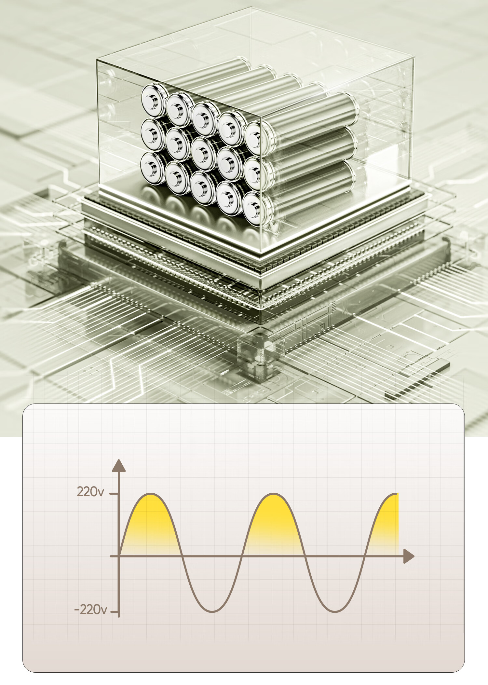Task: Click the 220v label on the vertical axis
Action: pyautogui.click(x=90, y=492)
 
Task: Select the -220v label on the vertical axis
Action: pyautogui.click(x=90, y=609)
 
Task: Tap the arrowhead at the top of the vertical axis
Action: pyautogui.click(x=119, y=466)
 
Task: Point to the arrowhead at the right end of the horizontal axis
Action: pyautogui.click(x=409, y=556)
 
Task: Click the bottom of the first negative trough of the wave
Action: pyautogui.click(x=212, y=611)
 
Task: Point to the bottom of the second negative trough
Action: pyautogui.click(x=335, y=611)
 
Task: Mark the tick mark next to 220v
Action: pyautogui.click(x=114, y=494)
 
